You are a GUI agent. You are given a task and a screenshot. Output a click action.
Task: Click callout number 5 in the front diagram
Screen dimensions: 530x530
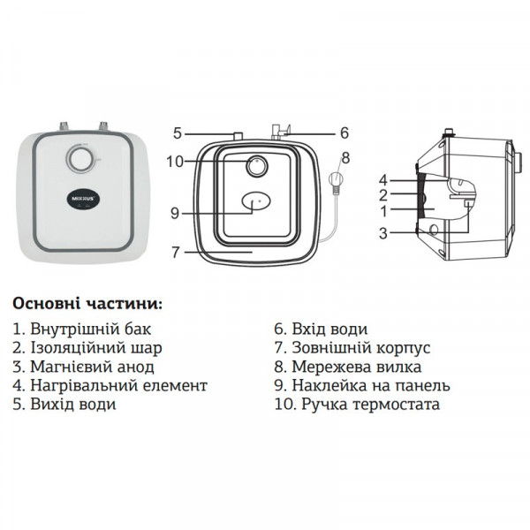pos(177,133)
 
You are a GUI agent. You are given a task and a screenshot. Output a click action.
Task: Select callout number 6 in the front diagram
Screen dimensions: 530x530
pos(344,133)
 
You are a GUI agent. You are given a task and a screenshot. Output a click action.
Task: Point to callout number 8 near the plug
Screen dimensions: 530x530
pos(344,158)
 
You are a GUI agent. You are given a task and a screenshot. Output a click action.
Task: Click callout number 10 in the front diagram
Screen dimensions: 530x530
pos(173,162)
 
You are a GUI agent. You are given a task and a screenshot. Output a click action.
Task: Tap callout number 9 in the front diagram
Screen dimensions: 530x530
pos(175,212)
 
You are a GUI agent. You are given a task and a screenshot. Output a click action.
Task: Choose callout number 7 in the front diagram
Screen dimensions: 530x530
pos(175,252)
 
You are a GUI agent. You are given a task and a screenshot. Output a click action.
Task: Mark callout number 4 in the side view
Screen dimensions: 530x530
pos(383,179)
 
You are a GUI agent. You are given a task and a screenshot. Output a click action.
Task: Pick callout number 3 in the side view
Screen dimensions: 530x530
pos(383,233)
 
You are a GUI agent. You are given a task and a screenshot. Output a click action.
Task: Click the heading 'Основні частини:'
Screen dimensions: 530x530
pos(87,303)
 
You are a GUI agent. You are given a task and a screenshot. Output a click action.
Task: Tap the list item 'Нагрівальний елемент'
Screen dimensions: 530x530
pos(110,386)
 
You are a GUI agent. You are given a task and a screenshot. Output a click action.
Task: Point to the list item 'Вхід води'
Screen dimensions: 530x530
pos(320,329)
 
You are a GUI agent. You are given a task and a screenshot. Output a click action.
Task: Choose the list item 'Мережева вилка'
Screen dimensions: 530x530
pos(348,367)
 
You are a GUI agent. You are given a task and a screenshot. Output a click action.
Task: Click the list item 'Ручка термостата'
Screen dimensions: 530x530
pos(357,405)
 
